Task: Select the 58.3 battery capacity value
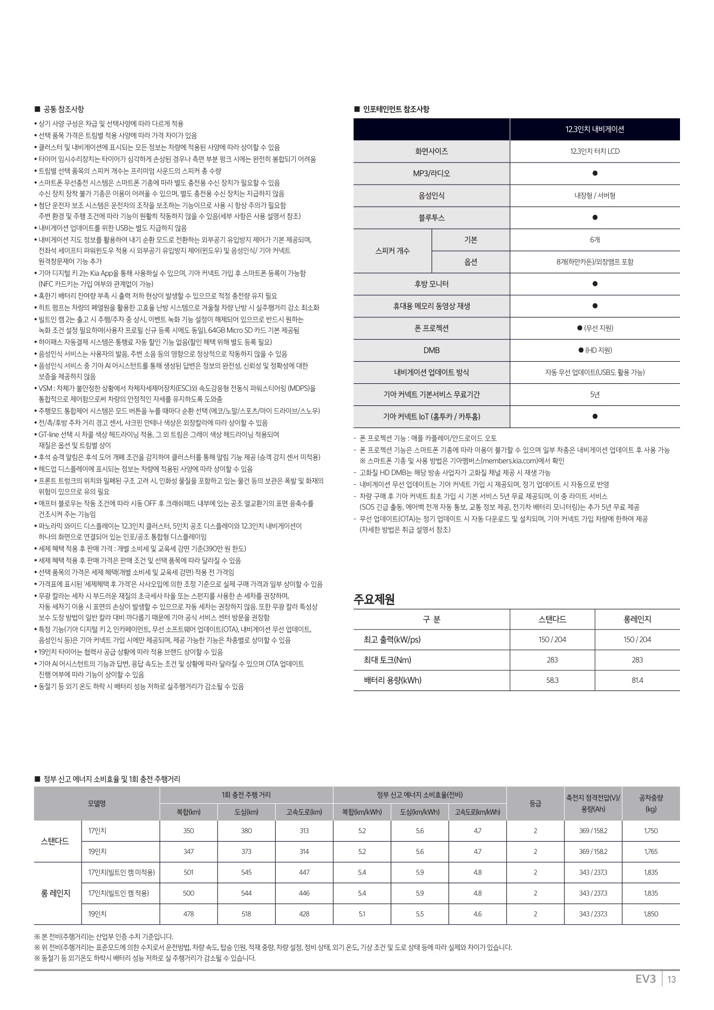click(x=552, y=680)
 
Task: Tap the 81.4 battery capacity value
click(x=637, y=680)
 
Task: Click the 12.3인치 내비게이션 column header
click(x=595, y=130)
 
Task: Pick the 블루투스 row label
click(x=431, y=218)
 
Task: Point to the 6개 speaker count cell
click(x=595, y=240)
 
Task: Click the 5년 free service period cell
click(x=595, y=395)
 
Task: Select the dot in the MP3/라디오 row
click(x=595, y=173)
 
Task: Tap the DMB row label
click(x=431, y=350)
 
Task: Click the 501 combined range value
click(x=188, y=872)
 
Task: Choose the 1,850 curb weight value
click(x=651, y=914)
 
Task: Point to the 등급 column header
click(x=535, y=804)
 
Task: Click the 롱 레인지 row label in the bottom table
click(x=56, y=893)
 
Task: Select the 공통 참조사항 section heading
click(x=63, y=109)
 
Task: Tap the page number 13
click(x=672, y=979)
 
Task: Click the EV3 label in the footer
click(x=645, y=979)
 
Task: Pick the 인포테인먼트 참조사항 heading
click(x=396, y=109)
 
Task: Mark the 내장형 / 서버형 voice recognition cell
click(x=595, y=195)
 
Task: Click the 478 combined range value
click(x=188, y=914)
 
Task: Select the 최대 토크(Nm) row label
click(x=384, y=660)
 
